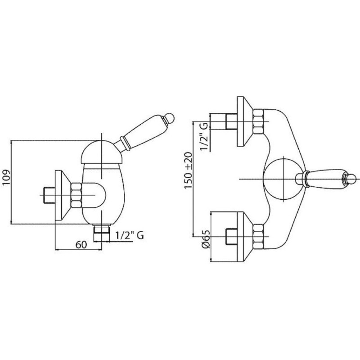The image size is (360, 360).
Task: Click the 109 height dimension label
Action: [6, 177]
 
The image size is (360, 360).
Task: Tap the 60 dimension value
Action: [81, 245]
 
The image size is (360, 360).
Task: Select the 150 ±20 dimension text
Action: [188, 170]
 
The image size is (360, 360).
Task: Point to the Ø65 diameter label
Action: [206, 239]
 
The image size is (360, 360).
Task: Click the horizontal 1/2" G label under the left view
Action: [129, 235]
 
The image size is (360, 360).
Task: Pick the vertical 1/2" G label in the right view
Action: [204, 136]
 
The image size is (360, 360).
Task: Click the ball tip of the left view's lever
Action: [170, 117]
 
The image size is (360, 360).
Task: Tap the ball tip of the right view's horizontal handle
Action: [351, 179]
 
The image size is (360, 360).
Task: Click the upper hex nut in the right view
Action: [258, 121]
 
